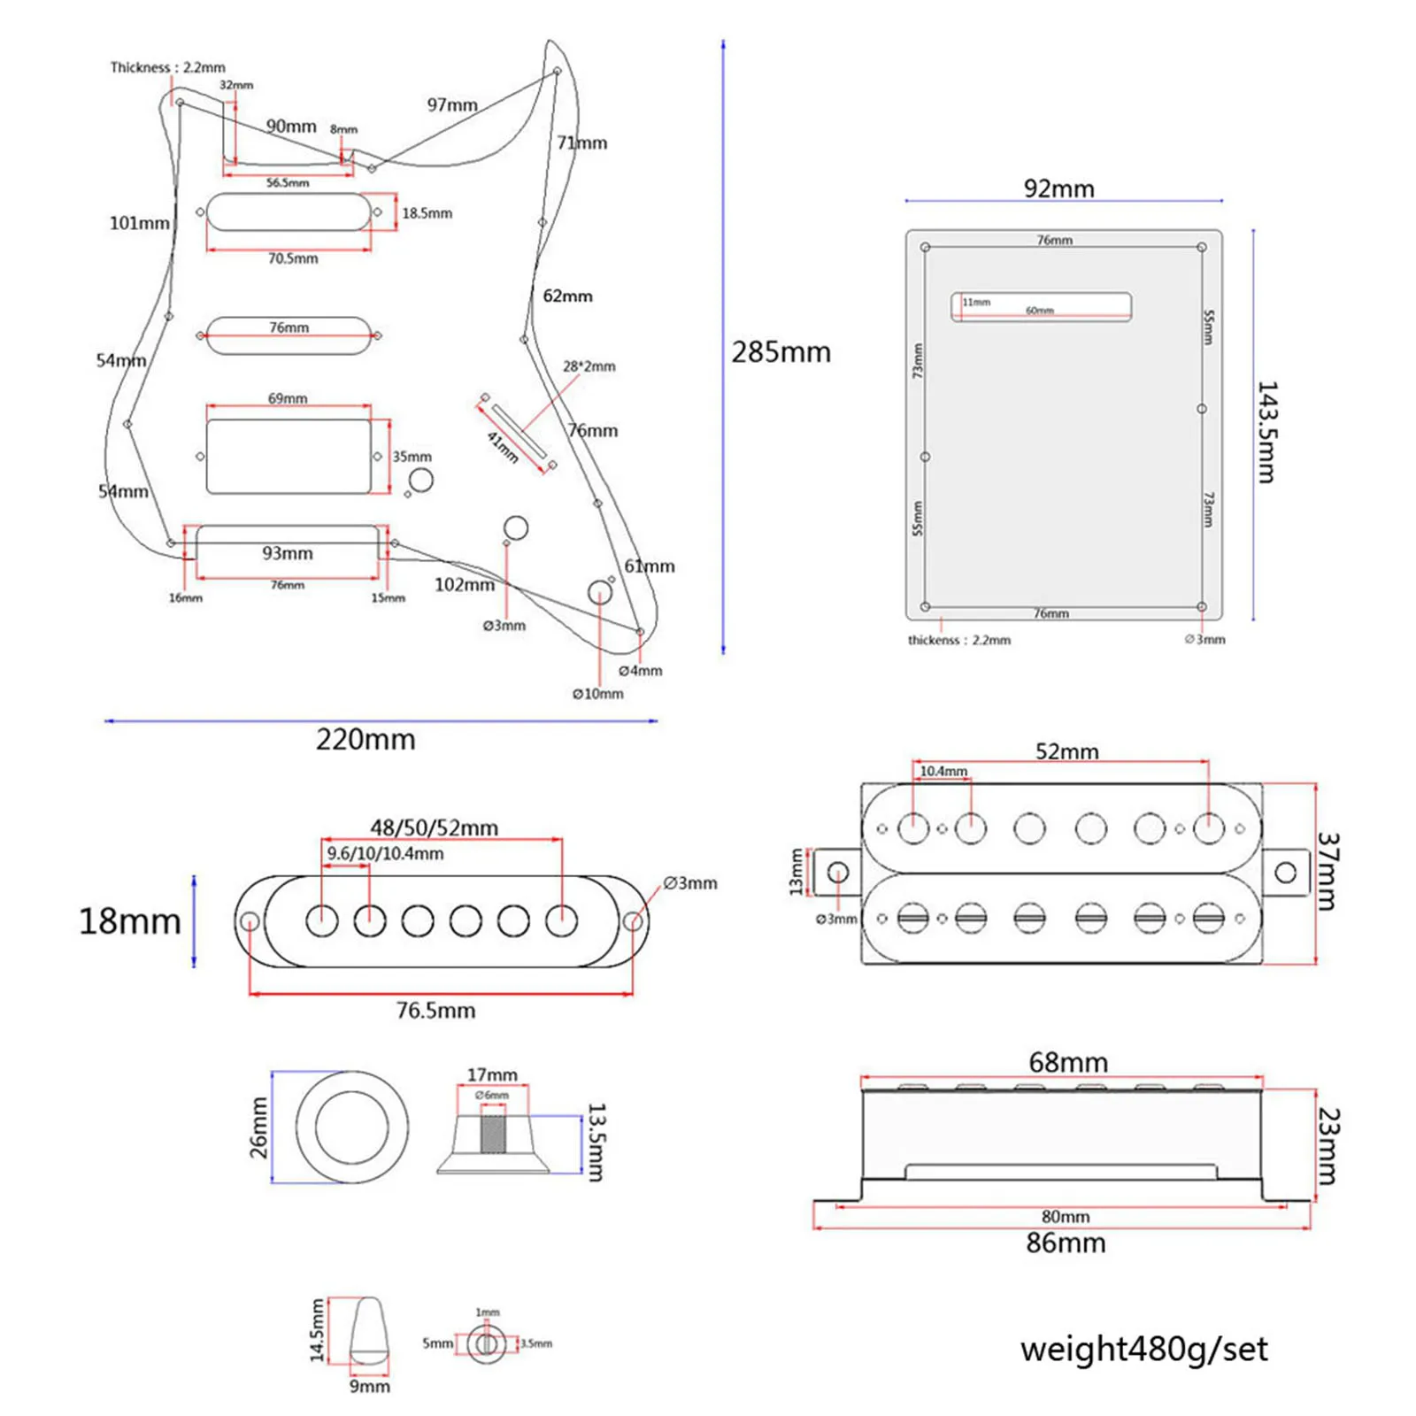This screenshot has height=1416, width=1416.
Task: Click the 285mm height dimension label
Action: pyautogui.click(x=781, y=352)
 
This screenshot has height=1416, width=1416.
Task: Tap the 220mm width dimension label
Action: pyautogui.click(x=366, y=739)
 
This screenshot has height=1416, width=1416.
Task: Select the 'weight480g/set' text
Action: pyautogui.click(x=1143, y=1349)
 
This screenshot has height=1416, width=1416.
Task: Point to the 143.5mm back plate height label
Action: pyautogui.click(x=1267, y=432)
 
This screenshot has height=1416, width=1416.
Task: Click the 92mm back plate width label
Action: pyautogui.click(x=1058, y=189)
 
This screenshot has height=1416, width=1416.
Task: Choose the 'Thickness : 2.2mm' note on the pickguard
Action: pyautogui.click(x=167, y=67)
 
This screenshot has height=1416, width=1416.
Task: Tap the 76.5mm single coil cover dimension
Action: pyautogui.click(x=435, y=1010)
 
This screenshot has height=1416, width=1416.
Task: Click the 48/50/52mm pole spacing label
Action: pyautogui.click(x=434, y=827)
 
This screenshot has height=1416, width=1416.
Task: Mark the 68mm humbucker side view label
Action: pyautogui.click(x=1067, y=1062)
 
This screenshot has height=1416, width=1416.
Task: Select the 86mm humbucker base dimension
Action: pyautogui.click(x=1066, y=1243)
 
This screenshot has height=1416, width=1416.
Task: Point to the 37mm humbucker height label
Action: pyautogui.click(x=1327, y=871)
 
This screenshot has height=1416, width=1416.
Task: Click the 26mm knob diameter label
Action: pyautogui.click(x=258, y=1127)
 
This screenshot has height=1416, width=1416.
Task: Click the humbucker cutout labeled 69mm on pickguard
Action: pyautogui.click(x=289, y=457)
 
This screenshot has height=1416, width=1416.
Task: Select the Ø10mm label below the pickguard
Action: pyautogui.click(x=597, y=694)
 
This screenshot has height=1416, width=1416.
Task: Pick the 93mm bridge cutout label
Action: pyautogui.click(x=287, y=553)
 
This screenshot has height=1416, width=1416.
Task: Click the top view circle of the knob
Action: pyautogui.click(x=352, y=1127)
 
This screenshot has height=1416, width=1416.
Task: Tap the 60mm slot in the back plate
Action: pyautogui.click(x=1041, y=307)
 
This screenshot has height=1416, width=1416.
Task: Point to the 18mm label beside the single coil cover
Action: pyautogui.click(x=129, y=921)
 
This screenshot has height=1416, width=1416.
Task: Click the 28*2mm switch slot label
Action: pyautogui.click(x=589, y=366)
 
